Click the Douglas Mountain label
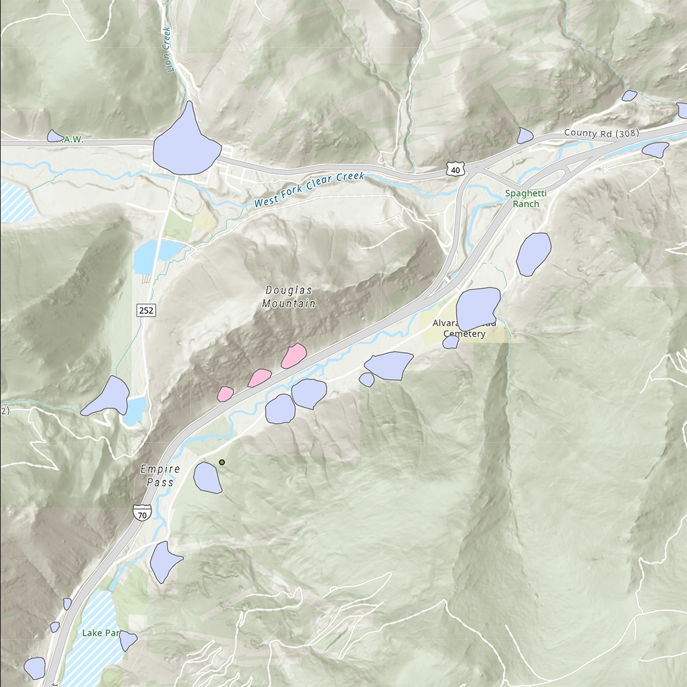point(289,297)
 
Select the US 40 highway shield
point(455,169)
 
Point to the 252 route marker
point(146,310)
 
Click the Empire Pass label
point(160,475)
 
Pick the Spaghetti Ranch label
point(526,199)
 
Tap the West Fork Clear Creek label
point(309,189)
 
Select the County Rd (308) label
point(601,133)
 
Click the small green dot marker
point(222,462)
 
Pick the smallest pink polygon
point(226,394)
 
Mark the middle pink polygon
point(259,378)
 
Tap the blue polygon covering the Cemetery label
point(477,309)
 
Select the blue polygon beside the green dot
point(207,477)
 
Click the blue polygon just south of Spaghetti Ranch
point(533,253)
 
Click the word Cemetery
point(464,334)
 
